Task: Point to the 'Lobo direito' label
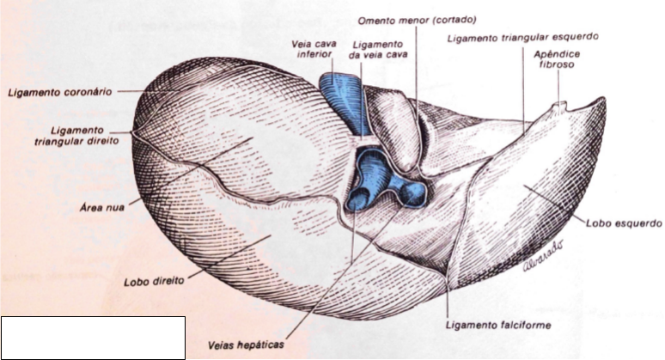click(150, 280)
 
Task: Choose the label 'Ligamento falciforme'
click(499, 325)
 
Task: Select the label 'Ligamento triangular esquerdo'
click(522, 37)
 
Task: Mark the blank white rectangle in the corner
click(93, 337)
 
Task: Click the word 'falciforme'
click(522, 325)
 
